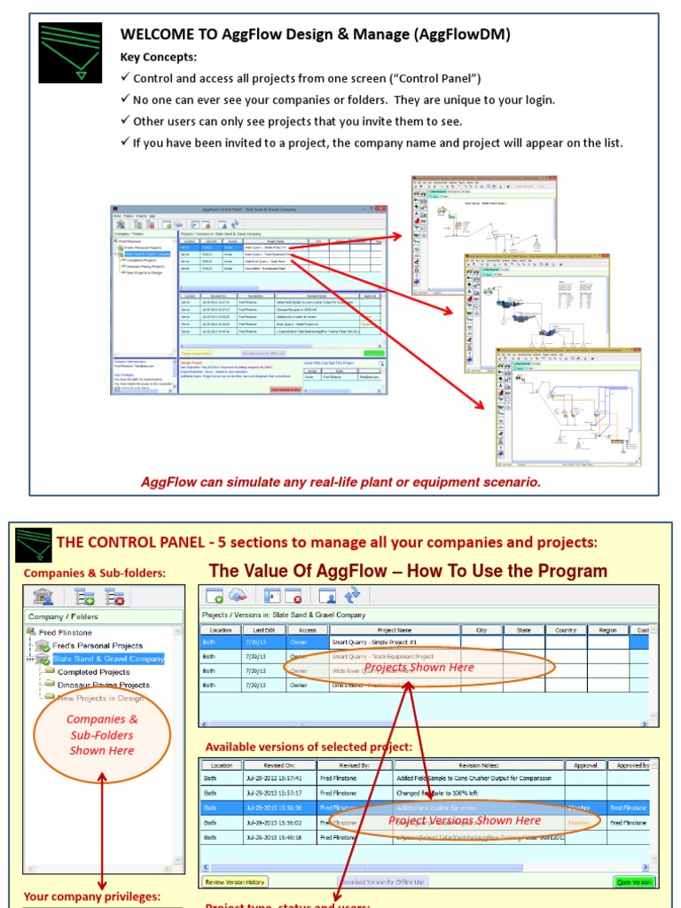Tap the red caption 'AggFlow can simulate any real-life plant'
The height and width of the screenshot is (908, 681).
(x=340, y=482)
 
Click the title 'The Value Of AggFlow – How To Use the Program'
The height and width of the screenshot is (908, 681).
(x=408, y=571)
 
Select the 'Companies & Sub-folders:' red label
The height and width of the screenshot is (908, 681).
(x=95, y=573)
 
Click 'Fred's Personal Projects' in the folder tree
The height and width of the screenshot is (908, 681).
(x=97, y=646)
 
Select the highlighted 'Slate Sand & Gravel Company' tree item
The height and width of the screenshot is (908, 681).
(x=108, y=659)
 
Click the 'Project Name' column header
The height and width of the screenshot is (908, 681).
(x=395, y=630)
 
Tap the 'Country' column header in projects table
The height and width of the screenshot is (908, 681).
(x=566, y=630)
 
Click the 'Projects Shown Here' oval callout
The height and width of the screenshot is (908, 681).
(x=419, y=668)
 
